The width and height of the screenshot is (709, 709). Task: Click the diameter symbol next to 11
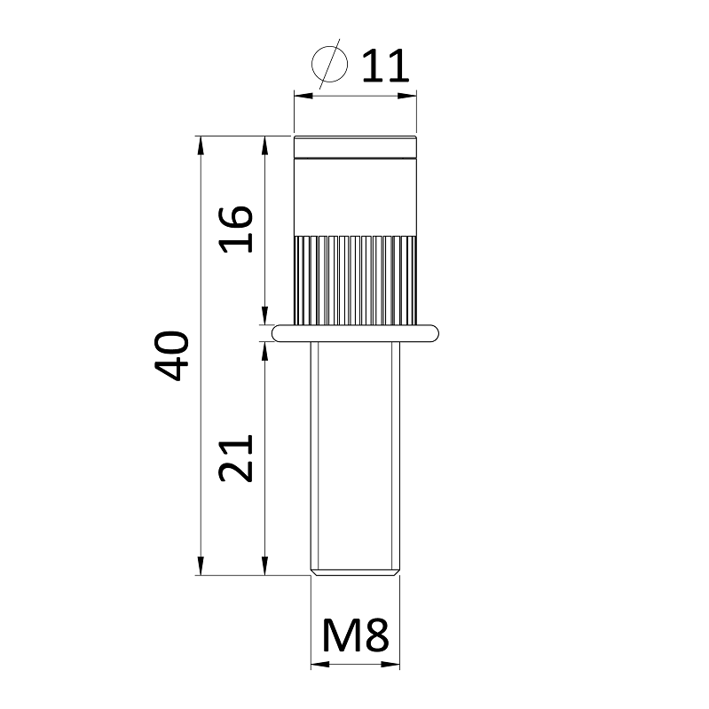(330, 64)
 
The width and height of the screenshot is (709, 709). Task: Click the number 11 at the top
(386, 66)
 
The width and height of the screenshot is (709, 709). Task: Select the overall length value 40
(171, 355)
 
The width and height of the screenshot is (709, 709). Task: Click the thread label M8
(356, 635)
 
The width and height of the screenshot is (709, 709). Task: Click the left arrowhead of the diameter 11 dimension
(303, 96)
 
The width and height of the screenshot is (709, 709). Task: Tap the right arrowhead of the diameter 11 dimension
(407, 96)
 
